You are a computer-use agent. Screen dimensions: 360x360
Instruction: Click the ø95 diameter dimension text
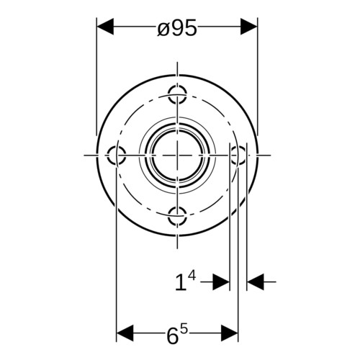(x=177, y=27)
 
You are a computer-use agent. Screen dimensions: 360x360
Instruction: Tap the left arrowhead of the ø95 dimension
(x=105, y=26)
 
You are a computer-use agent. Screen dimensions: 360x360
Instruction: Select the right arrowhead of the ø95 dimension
(x=248, y=26)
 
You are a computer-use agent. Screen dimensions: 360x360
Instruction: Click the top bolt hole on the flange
(x=177, y=94)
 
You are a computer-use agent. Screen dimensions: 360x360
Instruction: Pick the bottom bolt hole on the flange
(x=177, y=216)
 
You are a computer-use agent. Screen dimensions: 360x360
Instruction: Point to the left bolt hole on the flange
(x=116, y=155)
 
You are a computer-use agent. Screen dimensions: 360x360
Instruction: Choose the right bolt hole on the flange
(x=238, y=155)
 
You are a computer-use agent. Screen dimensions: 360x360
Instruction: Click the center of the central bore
(x=177, y=155)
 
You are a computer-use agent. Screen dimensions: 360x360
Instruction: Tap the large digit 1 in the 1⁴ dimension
(x=181, y=283)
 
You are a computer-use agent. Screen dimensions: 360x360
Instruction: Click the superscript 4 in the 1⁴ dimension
(x=192, y=275)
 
